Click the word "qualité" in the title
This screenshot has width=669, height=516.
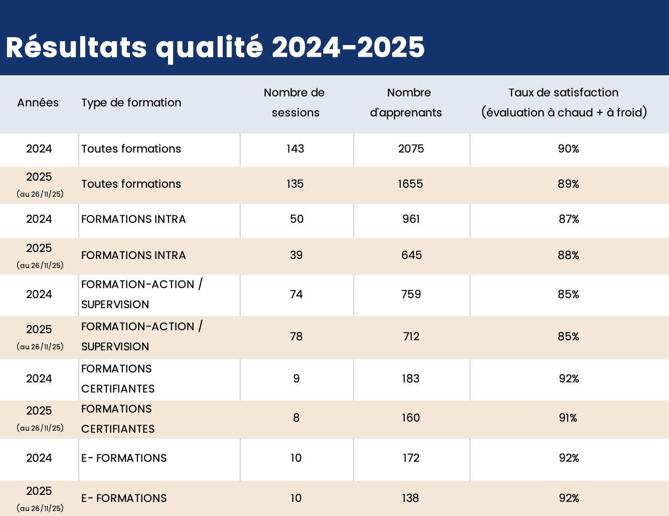pyautogui.click(x=209, y=48)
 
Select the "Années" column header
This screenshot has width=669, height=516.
pyautogui.click(x=38, y=102)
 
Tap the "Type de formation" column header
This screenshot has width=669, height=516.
pyautogui.click(x=131, y=102)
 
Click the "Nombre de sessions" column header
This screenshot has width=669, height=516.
pyautogui.click(x=295, y=102)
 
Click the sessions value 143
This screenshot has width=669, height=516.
pyautogui.click(x=295, y=149)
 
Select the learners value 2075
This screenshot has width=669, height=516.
pyautogui.click(x=411, y=149)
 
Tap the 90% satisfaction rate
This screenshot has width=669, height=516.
pyautogui.click(x=568, y=149)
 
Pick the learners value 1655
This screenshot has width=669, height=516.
pyautogui.click(x=410, y=184)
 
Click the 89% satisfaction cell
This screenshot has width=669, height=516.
pyautogui.click(x=568, y=184)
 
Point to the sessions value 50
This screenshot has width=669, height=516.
pyautogui.click(x=296, y=219)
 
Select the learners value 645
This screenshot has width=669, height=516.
pyautogui.click(x=411, y=255)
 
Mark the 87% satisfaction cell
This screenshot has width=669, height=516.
pyautogui.click(x=569, y=219)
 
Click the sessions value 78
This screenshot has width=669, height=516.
pyautogui.click(x=296, y=336)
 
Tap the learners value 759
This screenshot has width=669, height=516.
pyautogui.click(x=411, y=294)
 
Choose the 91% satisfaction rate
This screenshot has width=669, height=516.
pyautogui.click(x=568, y=418)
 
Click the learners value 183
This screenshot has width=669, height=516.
pyautogui.click(x=410, y=378)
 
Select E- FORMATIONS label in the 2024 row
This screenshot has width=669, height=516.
pyautogui.click(x=124, y=458)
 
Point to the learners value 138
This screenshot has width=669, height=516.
pyautogui.click(x=410, y=498)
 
